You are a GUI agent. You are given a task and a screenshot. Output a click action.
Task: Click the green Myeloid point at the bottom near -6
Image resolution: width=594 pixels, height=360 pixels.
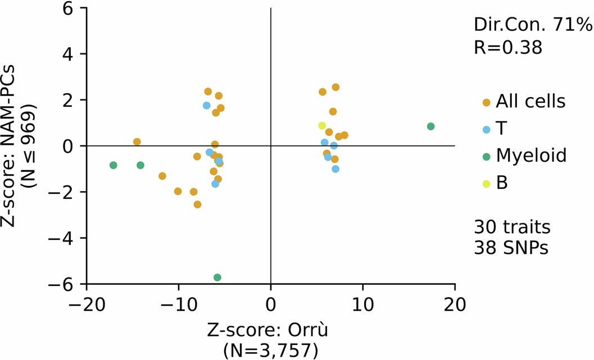[x=217, y=277]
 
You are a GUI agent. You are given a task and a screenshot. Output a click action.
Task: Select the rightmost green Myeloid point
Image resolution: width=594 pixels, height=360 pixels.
[x=431, y=126]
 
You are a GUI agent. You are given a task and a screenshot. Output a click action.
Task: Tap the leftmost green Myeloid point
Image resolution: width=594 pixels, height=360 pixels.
[x=114, y=165]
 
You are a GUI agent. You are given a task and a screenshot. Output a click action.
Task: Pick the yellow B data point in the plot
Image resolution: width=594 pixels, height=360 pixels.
[x=322, y=126]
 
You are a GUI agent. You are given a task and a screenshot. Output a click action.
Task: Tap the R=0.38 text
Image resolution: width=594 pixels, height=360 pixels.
[x=508, y=48]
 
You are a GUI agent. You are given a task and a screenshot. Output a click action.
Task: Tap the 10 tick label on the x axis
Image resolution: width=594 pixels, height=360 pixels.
[x=363, y=306]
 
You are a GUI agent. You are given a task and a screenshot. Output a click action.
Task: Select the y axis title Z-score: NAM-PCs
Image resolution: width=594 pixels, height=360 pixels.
[x=12, y=146]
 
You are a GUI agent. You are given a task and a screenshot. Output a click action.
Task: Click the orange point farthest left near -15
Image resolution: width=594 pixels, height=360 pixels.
[x=137, y=142]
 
